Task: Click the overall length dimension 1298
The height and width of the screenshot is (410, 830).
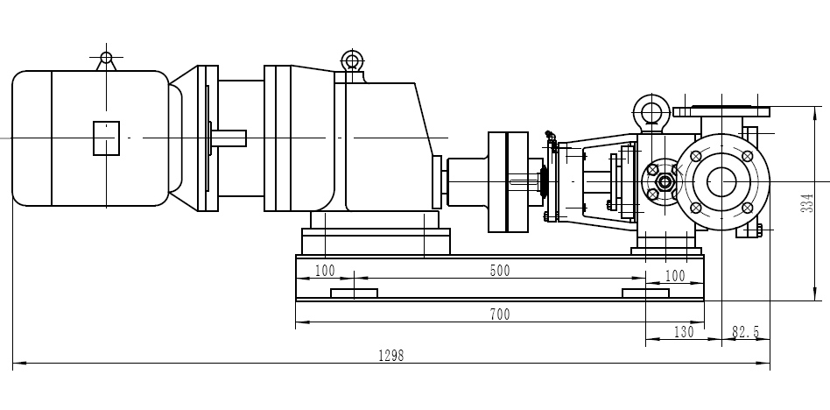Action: click(x=390, y=356)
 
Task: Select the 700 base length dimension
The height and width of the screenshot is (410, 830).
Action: click(x=499, y=315)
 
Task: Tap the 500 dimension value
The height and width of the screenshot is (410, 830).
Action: click(x=499, y=271)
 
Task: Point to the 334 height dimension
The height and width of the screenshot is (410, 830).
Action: click(x=807, y=202)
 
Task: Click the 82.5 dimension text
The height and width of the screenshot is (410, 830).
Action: click(x=745, y=332)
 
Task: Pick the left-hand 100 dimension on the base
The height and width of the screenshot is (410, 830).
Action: click(x=325, y=271)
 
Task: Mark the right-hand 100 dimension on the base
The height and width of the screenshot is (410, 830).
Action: click(x=674, y=276)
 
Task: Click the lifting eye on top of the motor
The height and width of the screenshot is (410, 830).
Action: click(x=106, y=59)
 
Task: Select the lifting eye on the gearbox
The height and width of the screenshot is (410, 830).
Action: click(x=352, y=60)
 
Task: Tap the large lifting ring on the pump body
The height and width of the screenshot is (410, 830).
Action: click(x=650, y=112)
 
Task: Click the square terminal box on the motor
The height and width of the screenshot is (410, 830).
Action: click(x=106, y=138)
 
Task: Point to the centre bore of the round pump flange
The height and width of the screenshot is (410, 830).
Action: click(x=721, y=181)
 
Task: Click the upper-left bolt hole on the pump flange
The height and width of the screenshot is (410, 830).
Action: click(x=695, y=156)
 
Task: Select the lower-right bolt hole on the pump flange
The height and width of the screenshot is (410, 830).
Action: click(x=747, y=208)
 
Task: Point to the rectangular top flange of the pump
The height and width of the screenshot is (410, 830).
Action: click(x=721, y=111)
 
